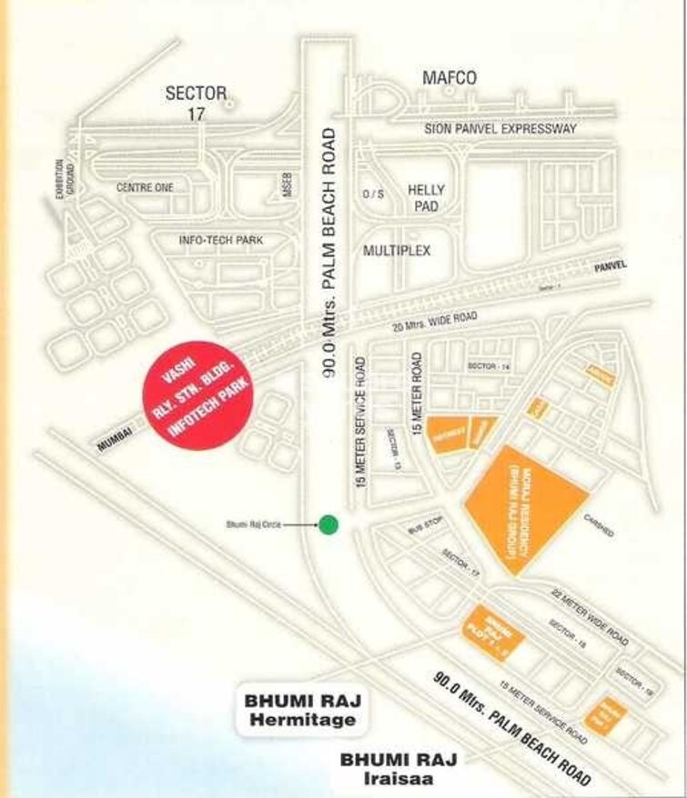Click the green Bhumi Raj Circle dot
(328, 524)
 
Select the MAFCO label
(450, 79)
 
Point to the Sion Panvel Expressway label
(500, 129)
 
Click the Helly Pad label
(425, 198)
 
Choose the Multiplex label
(397, 249)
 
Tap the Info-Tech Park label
(221, 240)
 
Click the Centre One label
(145, 187)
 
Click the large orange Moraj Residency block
(521, 506)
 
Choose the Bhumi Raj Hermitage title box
(298, 712)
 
